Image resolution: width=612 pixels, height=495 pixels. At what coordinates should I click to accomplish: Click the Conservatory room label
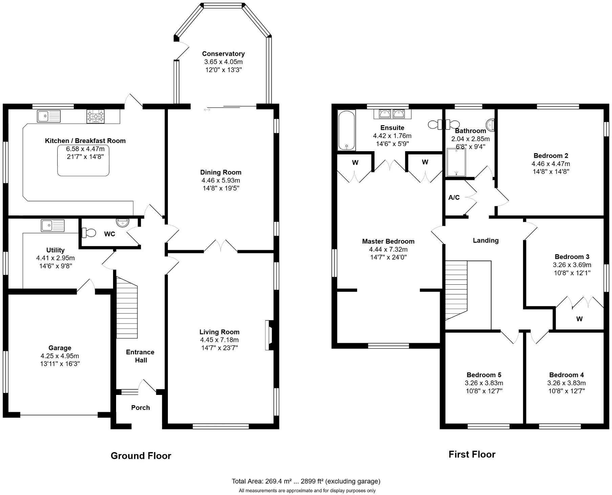pyautogui.click(x=223, y=54)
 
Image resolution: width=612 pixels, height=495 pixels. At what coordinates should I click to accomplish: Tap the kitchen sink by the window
pyautogui.click(x=49, y=116)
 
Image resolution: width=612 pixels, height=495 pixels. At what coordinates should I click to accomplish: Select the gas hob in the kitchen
pyautogui.click(x=95, y=116)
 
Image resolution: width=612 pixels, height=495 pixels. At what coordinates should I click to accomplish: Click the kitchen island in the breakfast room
pyautogui.click(x=83, y=160)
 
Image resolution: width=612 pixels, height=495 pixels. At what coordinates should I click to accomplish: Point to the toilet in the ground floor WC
pyautogui.click(x=89, y=233)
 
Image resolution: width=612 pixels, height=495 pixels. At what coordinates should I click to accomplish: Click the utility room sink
pyautogui.click(x=52, y=225)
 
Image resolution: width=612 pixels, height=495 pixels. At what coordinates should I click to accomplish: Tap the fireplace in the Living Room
pyautogui.click(x=269, y=335)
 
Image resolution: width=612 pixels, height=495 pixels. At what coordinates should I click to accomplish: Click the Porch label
pyautogui.click(x=140, y=408)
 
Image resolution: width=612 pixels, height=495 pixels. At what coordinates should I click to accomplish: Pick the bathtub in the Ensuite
pyautogui.click(x=346, y=130)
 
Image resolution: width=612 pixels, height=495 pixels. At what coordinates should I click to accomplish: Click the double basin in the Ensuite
pyautogui.click(x=392, y=114)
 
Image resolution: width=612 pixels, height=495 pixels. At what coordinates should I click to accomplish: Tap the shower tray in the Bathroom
pyautogui.click(x=456, y=162)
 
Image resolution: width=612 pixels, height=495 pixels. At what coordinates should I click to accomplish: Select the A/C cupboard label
pyautogui.click(x=454, y=197)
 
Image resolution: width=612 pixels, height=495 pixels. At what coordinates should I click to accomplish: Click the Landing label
pyautogui.click(x=485, y=240)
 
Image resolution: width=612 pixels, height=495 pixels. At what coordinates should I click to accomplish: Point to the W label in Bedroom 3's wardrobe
pyautogui.click(x=579, y=319)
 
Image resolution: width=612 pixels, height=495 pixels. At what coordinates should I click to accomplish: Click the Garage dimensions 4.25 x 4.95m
pyautogui.click(x=60, y=356)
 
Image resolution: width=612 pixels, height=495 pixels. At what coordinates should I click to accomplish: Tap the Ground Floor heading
pyautogui.click(x=141, y=456)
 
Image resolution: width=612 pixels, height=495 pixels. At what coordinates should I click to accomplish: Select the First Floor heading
pyautogui.click(x=472, y=454)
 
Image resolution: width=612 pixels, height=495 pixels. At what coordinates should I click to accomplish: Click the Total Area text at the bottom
pyautogui.click(x=306, y=481)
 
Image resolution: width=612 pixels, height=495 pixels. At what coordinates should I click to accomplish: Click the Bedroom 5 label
pyautogui.click(x=484, y=375)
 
